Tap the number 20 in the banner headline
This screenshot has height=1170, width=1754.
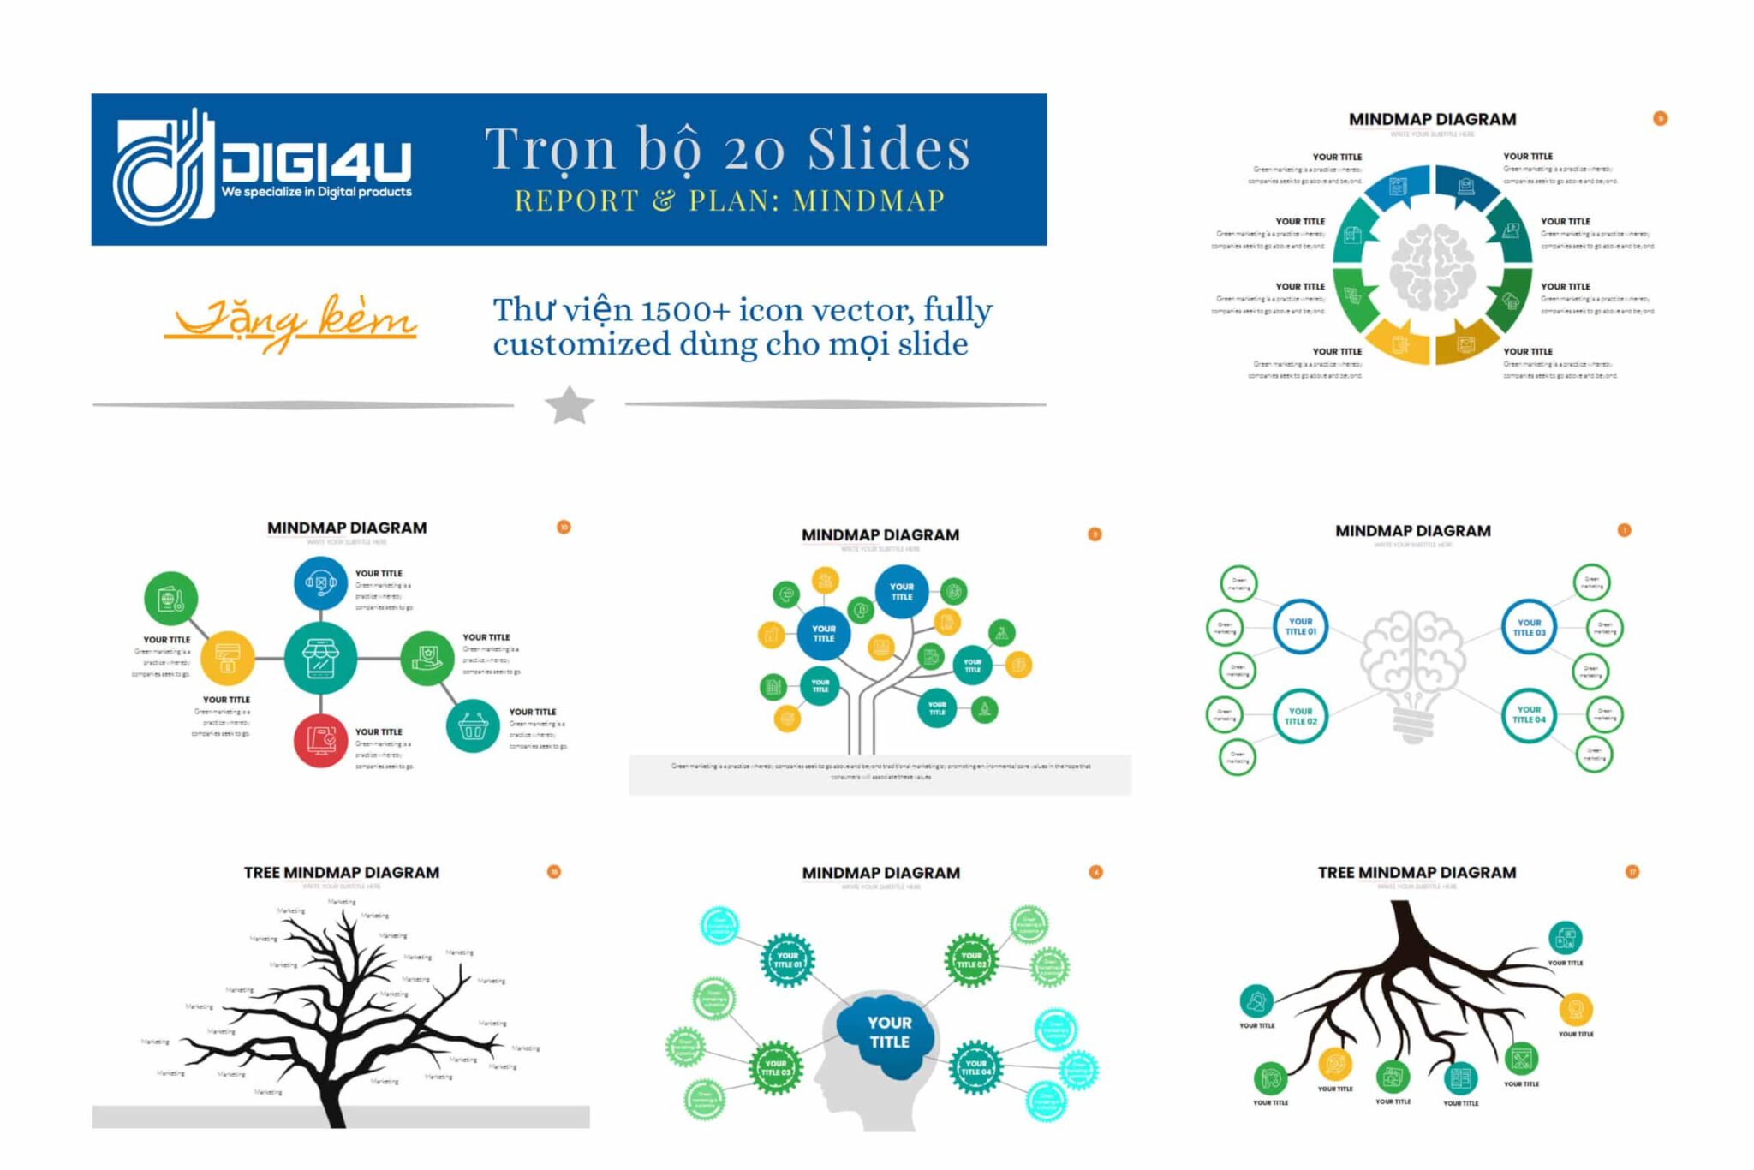click(753, 150)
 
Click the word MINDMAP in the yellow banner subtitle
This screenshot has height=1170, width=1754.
click(868, 200)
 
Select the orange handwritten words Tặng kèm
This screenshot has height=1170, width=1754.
click(291, 321)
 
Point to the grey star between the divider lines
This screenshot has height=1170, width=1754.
click(570, 405)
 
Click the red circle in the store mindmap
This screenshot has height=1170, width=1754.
click(320, 740)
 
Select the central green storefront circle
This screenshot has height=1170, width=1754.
click(320, 658)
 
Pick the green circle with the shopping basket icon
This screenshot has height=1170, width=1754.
click(473, 725)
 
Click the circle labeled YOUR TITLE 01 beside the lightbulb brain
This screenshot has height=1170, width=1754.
click(1300, 627)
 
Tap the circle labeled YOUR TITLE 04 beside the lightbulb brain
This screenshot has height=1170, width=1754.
click(1529, 715)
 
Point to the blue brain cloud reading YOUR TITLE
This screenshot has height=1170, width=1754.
click(888, 1032)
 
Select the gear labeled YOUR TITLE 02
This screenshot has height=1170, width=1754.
click(971, 960)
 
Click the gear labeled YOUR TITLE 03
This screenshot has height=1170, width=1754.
click(776, 1067)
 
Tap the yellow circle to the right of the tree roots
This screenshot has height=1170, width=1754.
click(1576, 1010)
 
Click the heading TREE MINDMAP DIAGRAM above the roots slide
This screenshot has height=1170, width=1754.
click(1417, 873)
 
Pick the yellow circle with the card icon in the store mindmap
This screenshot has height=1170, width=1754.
click(228, 658)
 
